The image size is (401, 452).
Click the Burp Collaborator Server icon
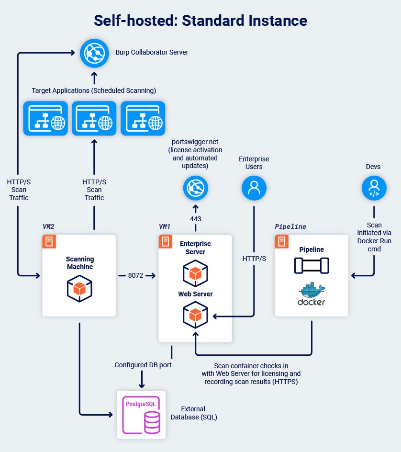[94, 52]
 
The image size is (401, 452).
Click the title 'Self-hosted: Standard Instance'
[200, 21]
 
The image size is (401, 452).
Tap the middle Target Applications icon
[94, 118]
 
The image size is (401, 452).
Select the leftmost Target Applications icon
[45, 118]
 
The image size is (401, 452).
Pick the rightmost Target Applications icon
[143, 118]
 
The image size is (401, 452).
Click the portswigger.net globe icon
[196, 188]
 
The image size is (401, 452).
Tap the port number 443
[195, 219]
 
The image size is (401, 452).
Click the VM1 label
[165, 226]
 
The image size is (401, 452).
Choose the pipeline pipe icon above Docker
[312, 265]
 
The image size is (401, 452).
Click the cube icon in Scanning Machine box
[79, 289]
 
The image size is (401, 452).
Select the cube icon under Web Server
[195, 315]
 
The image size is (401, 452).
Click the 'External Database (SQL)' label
[194, 413]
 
